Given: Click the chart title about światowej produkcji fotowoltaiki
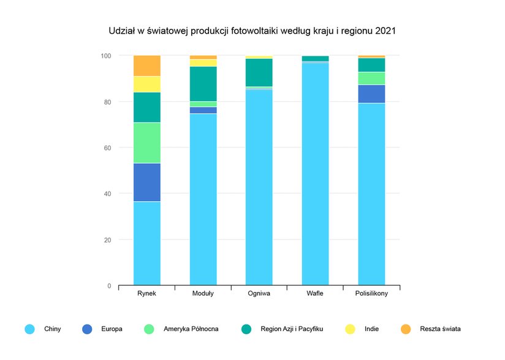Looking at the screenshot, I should coord(252,30).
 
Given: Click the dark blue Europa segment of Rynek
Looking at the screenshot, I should coord(147,182).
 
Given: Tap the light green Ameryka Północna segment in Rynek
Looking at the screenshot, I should coord(147,143).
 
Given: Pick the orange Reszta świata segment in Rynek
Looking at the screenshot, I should coord(147,66).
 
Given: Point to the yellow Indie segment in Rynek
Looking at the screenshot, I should coord(147,84).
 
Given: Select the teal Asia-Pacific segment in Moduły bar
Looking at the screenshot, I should coord(203,83).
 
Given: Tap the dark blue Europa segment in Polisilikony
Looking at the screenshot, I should coord(371,94).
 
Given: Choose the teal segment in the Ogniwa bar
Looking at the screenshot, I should coord(259,72).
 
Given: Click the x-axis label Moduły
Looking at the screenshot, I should coord(203,293).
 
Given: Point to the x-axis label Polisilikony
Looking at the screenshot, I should coord(371,293).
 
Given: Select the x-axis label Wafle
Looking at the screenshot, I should coord(315,293).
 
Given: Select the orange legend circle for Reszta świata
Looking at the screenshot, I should coord(406,329).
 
